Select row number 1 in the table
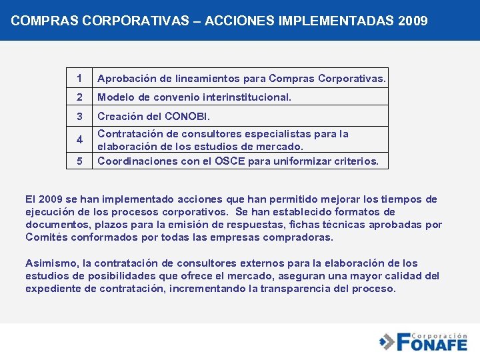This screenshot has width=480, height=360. pos(79,79)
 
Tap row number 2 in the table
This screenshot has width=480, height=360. pos(79,97)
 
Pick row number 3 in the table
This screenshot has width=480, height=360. pos(79,116)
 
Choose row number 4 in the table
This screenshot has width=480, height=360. pos(79,140)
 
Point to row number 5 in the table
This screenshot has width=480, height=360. pos(79,161)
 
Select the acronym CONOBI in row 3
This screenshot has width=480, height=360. pos(181,116)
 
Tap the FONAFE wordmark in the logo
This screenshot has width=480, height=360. pos(432,345)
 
